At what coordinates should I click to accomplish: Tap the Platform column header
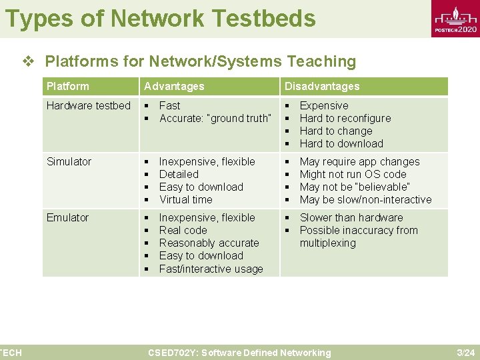[x=67, y=86]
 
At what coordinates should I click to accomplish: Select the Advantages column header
[x=175, y=86]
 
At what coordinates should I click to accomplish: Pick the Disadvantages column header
[x=322, y=86]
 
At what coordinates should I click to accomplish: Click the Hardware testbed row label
[x=89, y=105]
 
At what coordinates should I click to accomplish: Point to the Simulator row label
[x=69, y=161]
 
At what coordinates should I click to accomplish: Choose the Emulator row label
[x=67, y=217]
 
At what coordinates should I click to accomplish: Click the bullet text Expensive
[x=324, y=105]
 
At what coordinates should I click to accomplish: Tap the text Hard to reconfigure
[x=345, y=118]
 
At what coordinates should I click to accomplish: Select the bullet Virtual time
[x=185, y=199]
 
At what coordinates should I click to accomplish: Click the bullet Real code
[x=183, y=230]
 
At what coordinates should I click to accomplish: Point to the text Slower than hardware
[x=351, y=217]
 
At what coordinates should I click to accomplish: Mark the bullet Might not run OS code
[x=353, y=174]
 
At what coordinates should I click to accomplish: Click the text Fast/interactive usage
[x=211, y=269]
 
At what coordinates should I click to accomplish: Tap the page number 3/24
[x=465, y=353]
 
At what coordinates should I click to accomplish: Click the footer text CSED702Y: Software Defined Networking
[x=239, y=353]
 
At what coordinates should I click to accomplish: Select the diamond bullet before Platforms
[x=28, y=61]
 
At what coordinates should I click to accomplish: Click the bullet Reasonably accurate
[x=209, y=243]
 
